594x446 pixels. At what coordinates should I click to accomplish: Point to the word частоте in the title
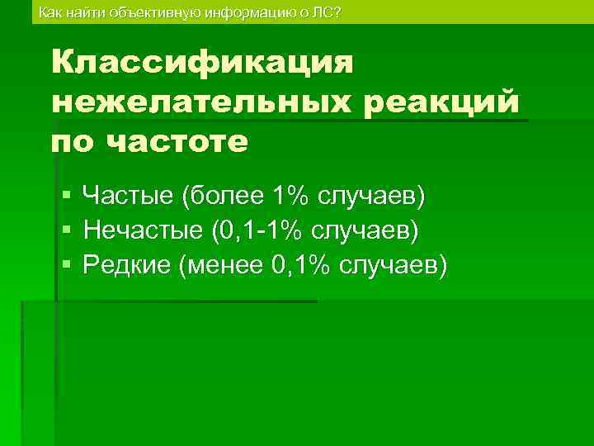pos(178,142)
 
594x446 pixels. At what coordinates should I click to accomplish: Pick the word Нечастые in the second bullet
pos(144,230)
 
